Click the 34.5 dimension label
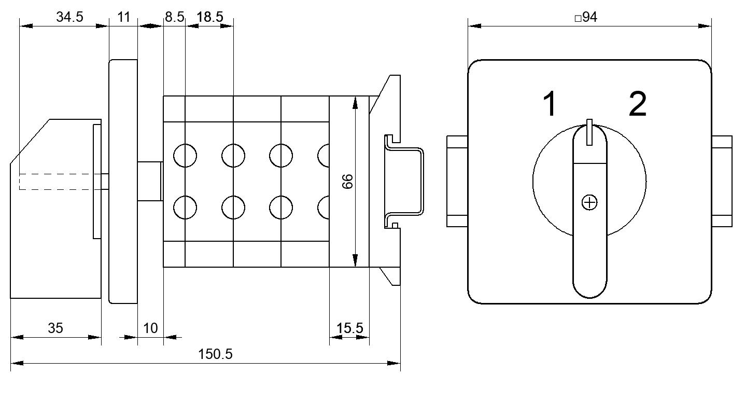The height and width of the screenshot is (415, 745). pyautogui.click(x=69, y=17)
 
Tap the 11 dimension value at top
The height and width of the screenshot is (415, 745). pyautogui.click(x=124, y=17)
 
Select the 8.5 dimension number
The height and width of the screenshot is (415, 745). pyautogui.click(x=175, y=17)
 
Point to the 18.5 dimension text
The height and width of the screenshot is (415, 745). pyautogui.click(x=210, y=17)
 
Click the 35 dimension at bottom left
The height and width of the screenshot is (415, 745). pyautogui.click(x=55, y=328)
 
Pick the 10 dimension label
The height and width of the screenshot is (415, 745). pyautogui.click(x=150, y=328)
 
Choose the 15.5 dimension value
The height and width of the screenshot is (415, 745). pyautogui.click(x=350, y=328)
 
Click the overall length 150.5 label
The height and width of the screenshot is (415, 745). pyautogui.click(x=215, y=354)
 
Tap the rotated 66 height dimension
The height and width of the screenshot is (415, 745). pyautogui.click(x=347, y=182)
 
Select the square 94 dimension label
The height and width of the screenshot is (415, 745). pyautogui.click(x=586, y=17)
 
